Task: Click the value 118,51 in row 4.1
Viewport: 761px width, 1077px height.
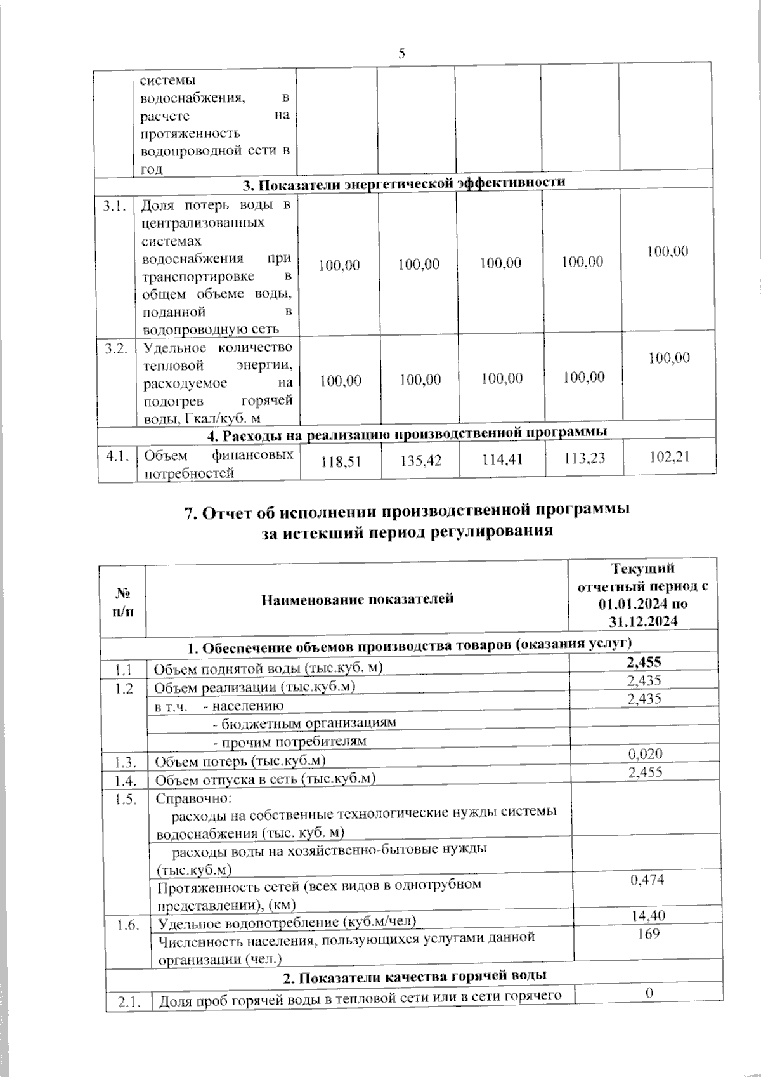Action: (341, 463)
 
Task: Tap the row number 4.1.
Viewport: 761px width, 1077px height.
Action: (117, 456)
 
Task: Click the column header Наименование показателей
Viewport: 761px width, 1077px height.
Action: (358, 598)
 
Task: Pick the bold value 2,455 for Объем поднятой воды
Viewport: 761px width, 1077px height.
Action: (644, 662)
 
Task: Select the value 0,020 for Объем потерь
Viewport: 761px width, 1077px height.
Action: (645, 754)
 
